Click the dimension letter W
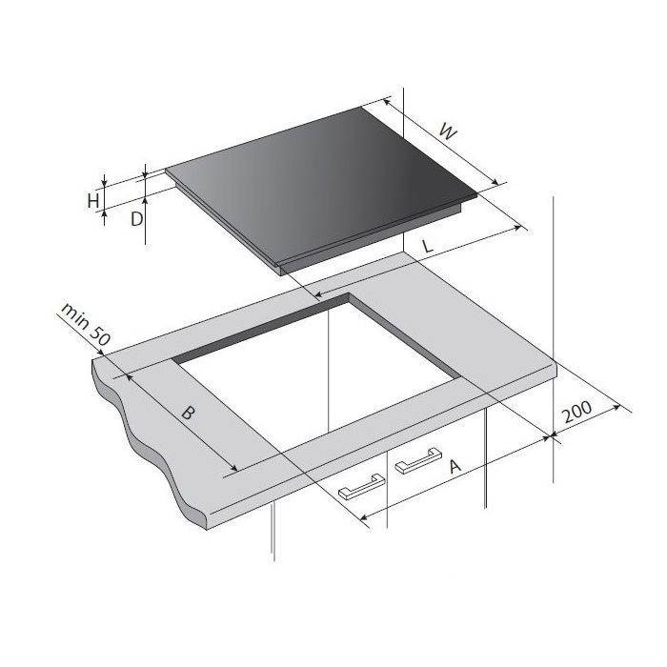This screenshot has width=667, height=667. (x=448, y=131)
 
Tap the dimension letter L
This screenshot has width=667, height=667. (x=427, y=246)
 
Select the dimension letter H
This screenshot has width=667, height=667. (x=93, y=200)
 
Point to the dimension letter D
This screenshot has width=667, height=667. (x=136, y=219)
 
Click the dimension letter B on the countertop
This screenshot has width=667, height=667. (x=188, y=413)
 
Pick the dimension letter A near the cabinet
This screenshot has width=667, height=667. (x=455, y=466)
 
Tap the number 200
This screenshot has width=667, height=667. (x=576, y=411)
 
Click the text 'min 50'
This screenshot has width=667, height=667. (x=86, y=324)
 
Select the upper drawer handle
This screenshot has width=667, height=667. (x=418, y=460)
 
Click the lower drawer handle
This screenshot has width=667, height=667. (x=362, y=487)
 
